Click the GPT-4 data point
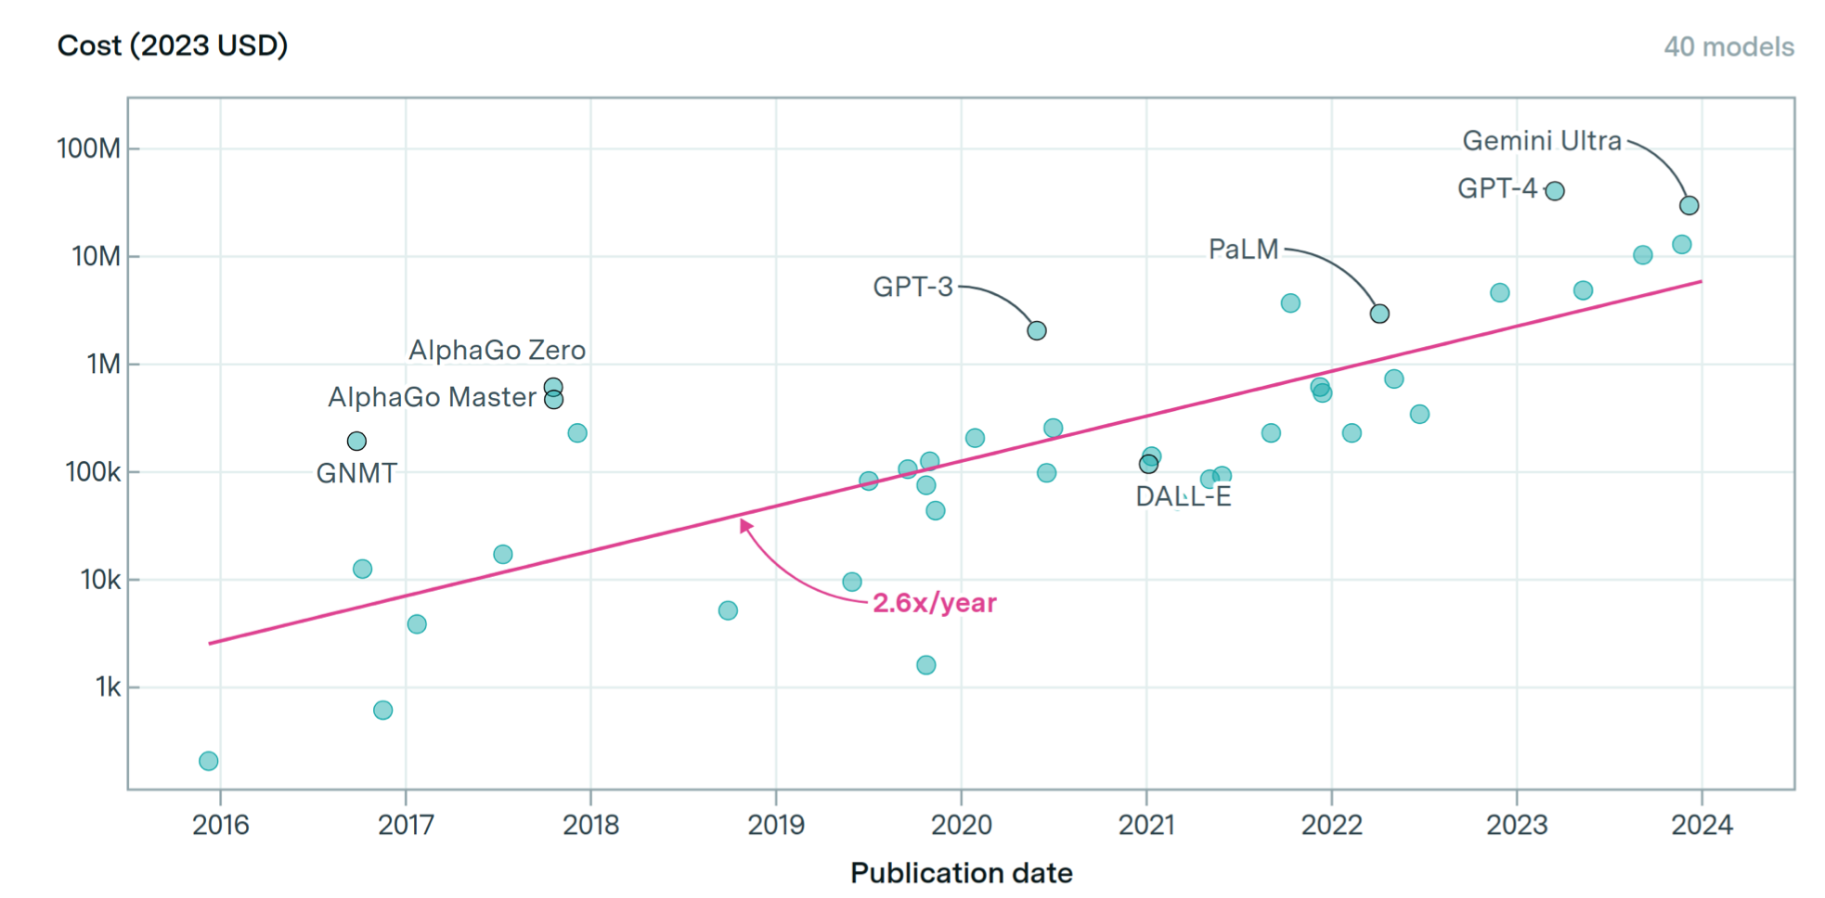click(1555, 191)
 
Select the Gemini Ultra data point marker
click(1689, 206)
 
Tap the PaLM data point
click(1379, 314)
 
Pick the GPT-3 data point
click(1037, 331)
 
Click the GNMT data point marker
click(356, 442)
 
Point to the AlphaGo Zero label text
click(497, 351)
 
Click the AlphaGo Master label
click(432, 398)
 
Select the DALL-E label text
click(1183, 497)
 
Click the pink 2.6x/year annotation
click(934, 603)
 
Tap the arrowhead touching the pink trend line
click(744, 525)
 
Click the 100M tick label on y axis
click(89, 148)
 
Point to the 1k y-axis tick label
click(108, 687)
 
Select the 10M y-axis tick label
click(97, 256)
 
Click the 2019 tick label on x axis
click(776, 825)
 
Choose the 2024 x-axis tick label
click(1702, 825)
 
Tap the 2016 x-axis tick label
click(221, 825)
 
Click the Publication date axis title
click(961, 873)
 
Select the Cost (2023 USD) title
click(173, 45)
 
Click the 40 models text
click(1728, 47)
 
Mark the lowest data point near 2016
click(209, 762)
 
